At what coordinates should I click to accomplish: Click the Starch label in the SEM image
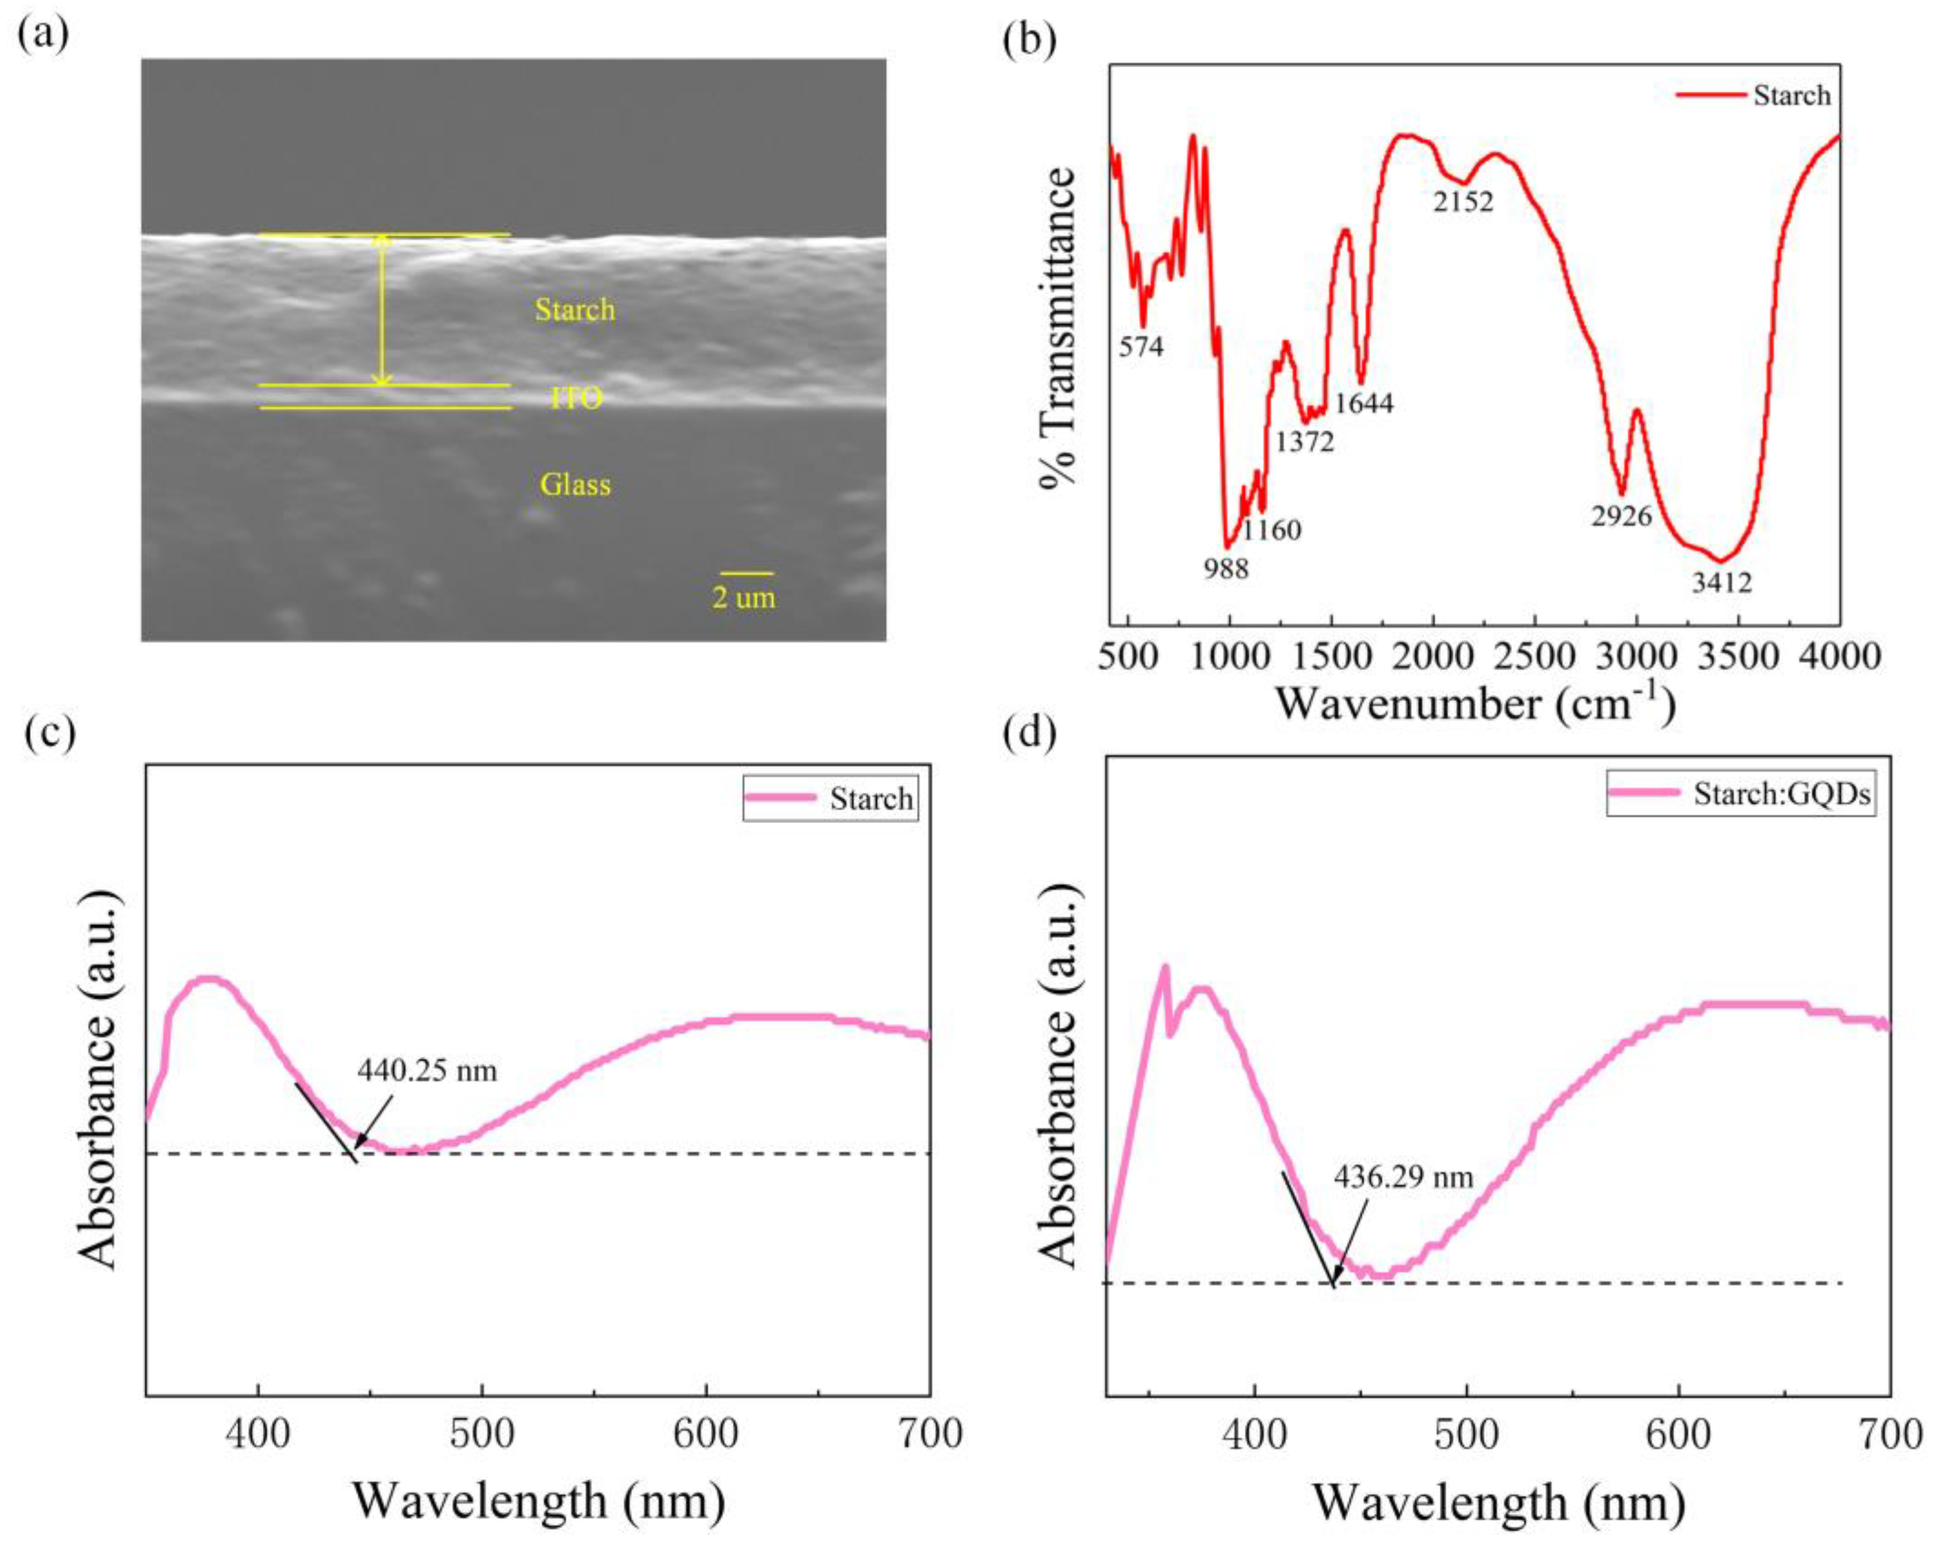[x=575, y=310]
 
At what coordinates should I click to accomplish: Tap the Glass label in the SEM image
[x=575, y=485]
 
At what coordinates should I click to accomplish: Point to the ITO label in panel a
[x=576, y=397]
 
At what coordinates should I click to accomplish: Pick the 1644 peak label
[x=1364, y=403]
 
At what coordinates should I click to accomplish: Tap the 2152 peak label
[x=1463, y=203]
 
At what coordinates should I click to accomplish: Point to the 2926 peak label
[x=1621, y=516]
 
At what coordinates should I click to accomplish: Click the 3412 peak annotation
[x=1721, y=584]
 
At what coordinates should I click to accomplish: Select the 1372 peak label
[x=1304, y=441]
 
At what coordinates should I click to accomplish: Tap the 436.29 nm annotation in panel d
[x=1403, y=1176]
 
